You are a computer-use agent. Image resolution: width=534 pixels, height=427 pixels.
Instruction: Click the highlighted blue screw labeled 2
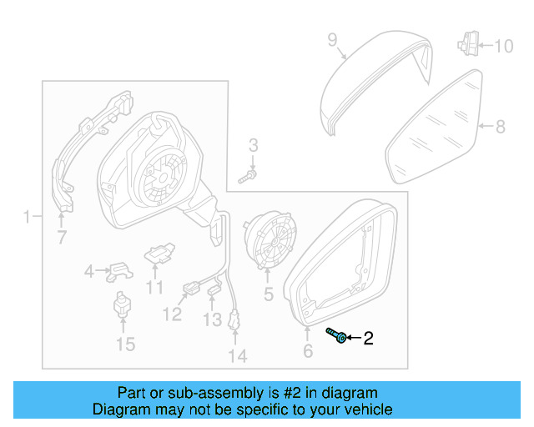tap(337, 335)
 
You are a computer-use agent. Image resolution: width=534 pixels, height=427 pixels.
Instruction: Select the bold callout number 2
tap(368, 338)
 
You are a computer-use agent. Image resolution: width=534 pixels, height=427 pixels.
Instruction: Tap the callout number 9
tap(331, 39)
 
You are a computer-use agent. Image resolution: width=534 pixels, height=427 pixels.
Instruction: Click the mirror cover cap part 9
tap(375, 79)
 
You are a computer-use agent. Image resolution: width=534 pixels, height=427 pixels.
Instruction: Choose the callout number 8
tap(500, 127)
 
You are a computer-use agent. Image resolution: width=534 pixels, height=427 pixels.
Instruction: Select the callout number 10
tap(504, 46)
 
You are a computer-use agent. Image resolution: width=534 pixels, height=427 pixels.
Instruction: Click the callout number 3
tap(254, 146)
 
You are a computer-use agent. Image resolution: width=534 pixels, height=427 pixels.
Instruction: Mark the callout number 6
tap(308, 352)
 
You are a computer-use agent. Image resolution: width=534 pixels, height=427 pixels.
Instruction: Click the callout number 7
tap(61, 239)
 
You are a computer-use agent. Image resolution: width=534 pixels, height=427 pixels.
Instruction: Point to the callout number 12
tap(172, 314)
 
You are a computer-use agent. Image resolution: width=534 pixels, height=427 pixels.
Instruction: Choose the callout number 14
tap(238, 356)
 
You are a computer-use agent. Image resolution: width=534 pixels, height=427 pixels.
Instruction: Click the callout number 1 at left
tap(27, 218)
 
